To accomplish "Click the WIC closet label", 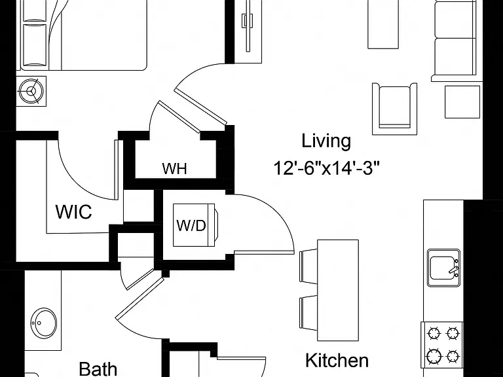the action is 74,211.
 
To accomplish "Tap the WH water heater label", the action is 174,169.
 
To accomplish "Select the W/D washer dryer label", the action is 191,226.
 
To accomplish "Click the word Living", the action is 326,141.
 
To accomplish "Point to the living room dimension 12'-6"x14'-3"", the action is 327,168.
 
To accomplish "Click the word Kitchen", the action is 337,361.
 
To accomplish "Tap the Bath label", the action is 98,368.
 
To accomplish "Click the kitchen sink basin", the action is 443,268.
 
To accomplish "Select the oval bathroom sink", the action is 44,323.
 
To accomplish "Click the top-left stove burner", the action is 434,333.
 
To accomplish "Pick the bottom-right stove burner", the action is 453,356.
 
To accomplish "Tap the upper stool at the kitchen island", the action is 308,267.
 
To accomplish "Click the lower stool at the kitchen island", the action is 308,313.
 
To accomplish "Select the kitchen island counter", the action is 338,291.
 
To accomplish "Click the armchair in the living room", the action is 395,109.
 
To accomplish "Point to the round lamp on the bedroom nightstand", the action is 31,91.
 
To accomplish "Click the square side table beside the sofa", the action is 462,101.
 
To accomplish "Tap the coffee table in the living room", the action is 383,24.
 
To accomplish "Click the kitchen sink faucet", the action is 455,270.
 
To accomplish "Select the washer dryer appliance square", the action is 194,225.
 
